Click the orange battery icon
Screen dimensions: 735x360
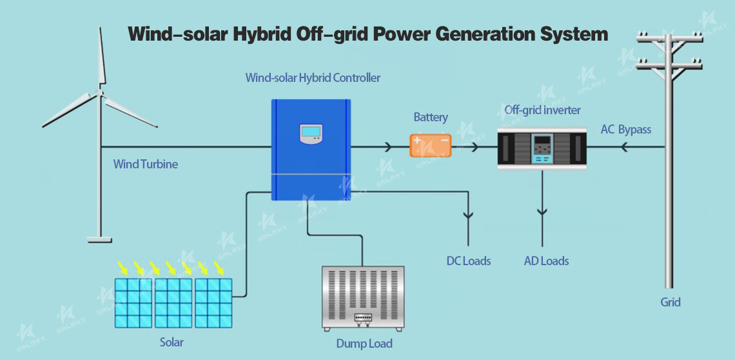pyautogui.click(x=430, y=146)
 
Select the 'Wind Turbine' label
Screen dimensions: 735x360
pyautogui.click(x=145, y=165)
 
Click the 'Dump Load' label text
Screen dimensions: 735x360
pyautogui.click(x=364, y=344)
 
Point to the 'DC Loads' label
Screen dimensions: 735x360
pyautogui.click(x=468, y=261)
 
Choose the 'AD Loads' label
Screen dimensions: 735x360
pyautogui.click(x=546, y=261)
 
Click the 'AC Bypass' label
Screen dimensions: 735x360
pyautogui.click(x=626, y=130)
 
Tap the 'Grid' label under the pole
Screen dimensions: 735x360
pyautogui.click(x=671, y=303)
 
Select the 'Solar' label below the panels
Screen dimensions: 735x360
pyautogui.click(x=171, y=342)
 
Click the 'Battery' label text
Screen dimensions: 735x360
pyautogui.click(x=430, y=117)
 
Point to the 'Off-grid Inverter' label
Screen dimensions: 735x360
pyautogui.click(x=542, y=110)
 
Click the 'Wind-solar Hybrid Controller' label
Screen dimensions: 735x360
pyautogui.click(x=313, y=78)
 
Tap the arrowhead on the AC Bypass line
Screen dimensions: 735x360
pyautogui.click(x=623, y=147)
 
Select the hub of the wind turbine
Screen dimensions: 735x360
pyautogui.click(x=99, y=92)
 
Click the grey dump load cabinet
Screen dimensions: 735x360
pyautogui.click(x=363, y=299)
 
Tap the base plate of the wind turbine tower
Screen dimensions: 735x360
pyautogui.click(x=99, y=240)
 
